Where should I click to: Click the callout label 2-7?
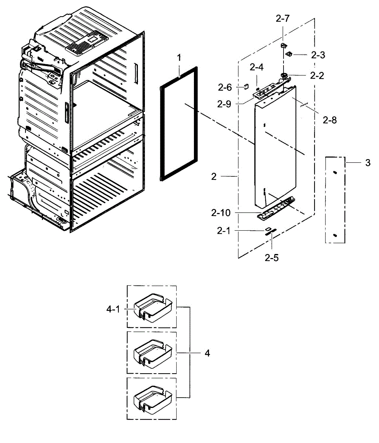pos(282,20)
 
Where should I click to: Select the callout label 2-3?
pos(318,55)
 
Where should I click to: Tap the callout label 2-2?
pos(317,76)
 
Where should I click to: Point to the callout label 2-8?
pos(329,120)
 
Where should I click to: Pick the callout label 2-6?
pos(225,87)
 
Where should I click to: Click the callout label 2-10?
pos(221,213)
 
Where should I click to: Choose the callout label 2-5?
pos(271,258)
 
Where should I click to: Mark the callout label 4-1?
pos(113,309)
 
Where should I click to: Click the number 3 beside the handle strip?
pos(368,162)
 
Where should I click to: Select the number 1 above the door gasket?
pos(179,58)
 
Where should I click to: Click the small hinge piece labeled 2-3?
pos(290,55)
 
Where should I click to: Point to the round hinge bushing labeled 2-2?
pos(284,75)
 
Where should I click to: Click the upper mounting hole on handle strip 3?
pos(335,172)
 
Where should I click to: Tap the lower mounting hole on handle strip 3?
pos(335,235)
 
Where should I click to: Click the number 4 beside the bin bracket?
pos(207,353)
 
